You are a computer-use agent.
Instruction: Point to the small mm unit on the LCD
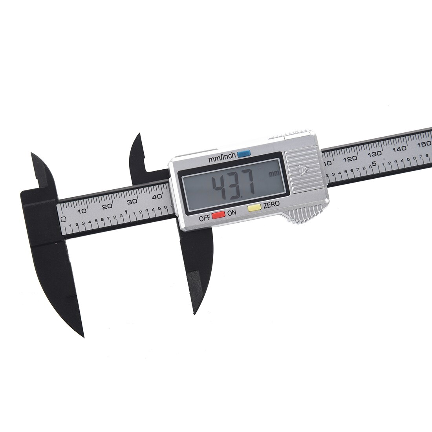(274, 173)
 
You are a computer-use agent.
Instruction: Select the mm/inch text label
(222, 157)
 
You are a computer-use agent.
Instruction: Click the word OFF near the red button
(205, 219)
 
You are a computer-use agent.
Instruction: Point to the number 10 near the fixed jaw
(82, 211)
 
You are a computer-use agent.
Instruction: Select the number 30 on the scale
(132, 201)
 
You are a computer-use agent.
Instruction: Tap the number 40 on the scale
(157, 196)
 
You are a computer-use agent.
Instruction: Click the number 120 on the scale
(350, 159)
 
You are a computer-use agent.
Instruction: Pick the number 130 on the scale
(376, 154)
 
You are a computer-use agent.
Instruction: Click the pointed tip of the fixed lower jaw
(83, 336)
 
